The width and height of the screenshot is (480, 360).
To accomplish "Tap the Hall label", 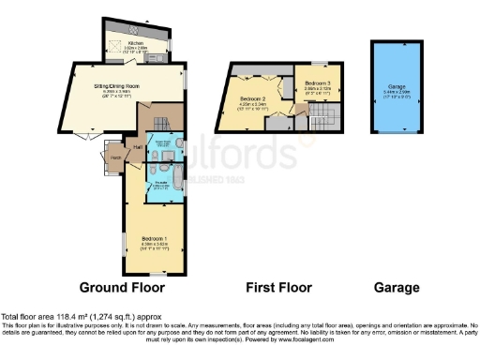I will point(137,148).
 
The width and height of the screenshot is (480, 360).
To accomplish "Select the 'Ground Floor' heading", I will point(121,287).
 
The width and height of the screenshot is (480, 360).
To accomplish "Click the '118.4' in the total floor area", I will point(71,318).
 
